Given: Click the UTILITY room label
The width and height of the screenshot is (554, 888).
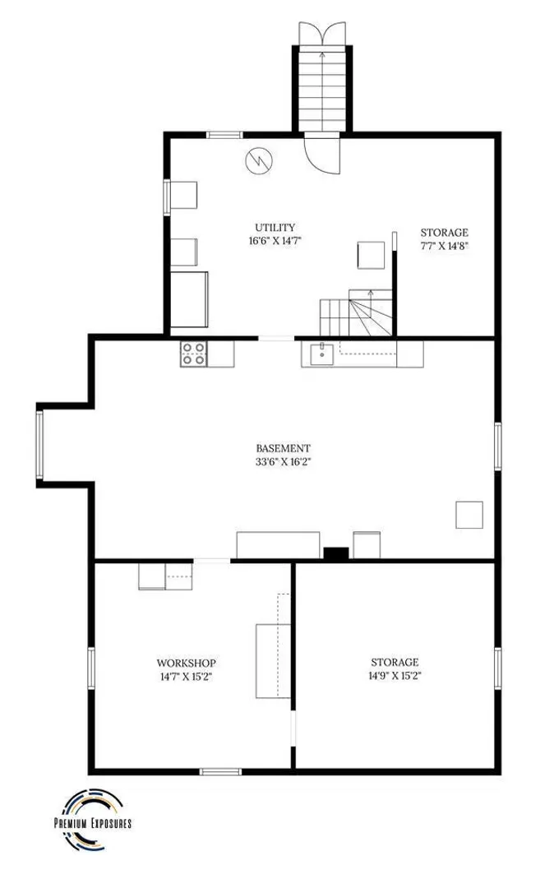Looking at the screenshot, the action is pos(275,228).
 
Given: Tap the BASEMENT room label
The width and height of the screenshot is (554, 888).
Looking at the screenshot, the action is pos(283,449).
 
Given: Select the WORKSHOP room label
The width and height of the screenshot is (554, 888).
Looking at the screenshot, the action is pos(187,663).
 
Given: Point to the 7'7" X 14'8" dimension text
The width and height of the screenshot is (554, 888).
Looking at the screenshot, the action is pos(444,246).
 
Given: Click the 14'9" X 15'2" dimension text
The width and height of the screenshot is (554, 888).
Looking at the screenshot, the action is pos(395,676).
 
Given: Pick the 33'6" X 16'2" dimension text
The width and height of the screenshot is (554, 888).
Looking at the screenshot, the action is pos(284,461).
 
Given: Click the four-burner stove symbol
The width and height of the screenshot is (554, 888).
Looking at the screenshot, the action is pos(193,354).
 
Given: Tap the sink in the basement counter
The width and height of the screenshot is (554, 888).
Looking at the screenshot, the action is pos(321,353).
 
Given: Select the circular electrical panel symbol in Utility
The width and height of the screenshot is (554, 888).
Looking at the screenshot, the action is pos(259,161).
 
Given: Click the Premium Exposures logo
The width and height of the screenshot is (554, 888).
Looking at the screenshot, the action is pos(92,819).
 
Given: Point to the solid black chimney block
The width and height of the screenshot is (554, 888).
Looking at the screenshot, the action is pos(335,554).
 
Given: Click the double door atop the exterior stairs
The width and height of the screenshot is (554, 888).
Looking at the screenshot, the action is pos(322,34).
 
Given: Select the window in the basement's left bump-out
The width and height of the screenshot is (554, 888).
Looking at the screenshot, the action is pos(39,445).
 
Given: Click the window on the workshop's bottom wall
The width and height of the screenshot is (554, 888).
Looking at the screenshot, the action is pos(220,771).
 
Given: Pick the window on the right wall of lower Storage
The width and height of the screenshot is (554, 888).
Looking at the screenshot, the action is pos(498,668).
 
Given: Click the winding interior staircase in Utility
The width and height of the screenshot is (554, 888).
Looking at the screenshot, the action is pos(356,312).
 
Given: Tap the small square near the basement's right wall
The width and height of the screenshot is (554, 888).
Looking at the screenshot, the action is pos(469,515).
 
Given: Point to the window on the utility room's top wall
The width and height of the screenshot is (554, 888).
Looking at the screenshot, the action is pos(224,135).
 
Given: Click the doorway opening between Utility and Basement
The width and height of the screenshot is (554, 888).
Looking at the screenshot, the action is pos(276,339).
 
